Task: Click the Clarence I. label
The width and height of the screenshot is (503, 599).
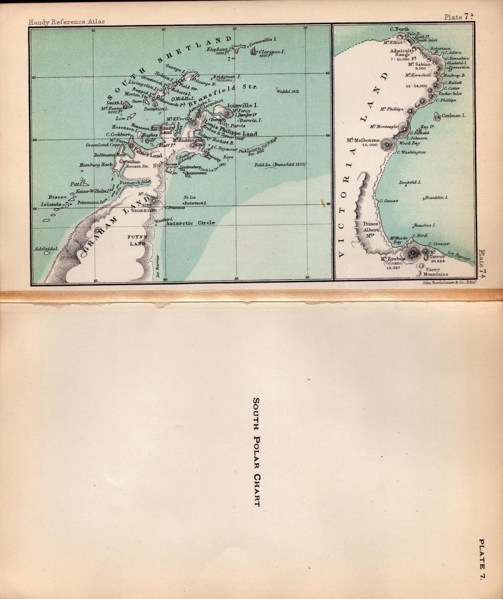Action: [272, 52]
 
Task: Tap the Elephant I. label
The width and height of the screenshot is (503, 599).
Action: [219, 50]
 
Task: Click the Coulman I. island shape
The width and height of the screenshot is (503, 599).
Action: [437, 116]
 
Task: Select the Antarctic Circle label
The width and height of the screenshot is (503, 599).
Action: [190, 223]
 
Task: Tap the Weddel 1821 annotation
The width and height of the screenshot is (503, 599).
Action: [288, 91]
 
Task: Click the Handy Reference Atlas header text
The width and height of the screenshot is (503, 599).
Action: [66, 22]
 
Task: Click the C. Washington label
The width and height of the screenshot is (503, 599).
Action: [411, 152]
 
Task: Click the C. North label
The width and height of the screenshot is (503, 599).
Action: [400, 29]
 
